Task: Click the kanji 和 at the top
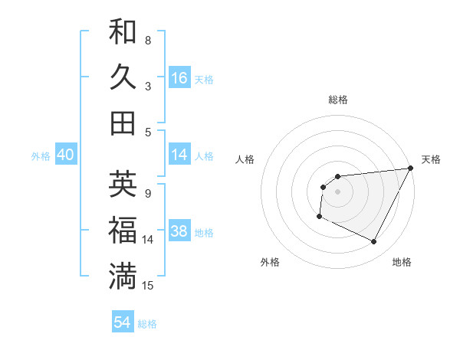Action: [123, 31]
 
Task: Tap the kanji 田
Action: [123, 123]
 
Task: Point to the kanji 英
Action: [123, 185]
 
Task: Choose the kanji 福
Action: [123, 231]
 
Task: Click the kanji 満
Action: [123, 277]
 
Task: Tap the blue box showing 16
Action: [179, 78]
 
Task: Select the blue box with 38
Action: [179, 232]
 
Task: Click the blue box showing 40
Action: [65, 155]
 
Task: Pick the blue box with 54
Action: [123, 322]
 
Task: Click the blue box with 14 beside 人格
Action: [179, 155]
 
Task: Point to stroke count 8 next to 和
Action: [148, 40]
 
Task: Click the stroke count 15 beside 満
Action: [148, 286]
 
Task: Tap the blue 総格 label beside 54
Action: [147, 324]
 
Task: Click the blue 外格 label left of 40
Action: [41, 156]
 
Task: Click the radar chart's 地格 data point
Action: [374, 242]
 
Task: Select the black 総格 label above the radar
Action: [337, 100]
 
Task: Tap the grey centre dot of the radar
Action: [337, 191]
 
